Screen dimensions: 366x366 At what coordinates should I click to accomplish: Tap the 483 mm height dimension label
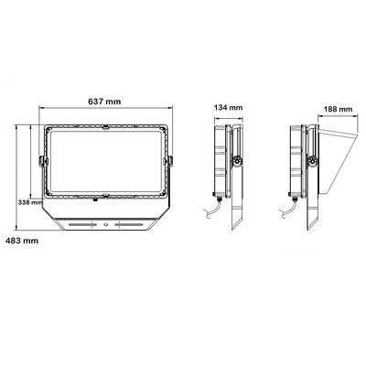point(22,241)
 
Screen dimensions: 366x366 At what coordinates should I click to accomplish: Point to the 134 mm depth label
point(230,108)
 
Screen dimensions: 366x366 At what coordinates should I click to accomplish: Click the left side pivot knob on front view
point(41,162)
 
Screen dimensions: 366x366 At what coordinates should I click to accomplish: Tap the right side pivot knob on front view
point(168,162)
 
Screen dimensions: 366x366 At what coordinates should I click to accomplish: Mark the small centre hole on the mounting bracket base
point(105,222)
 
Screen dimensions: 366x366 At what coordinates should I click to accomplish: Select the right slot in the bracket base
point(128,222)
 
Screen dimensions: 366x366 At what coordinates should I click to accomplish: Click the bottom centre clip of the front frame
point(105,198)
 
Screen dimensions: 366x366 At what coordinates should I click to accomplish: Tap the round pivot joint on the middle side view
point(237,161)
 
